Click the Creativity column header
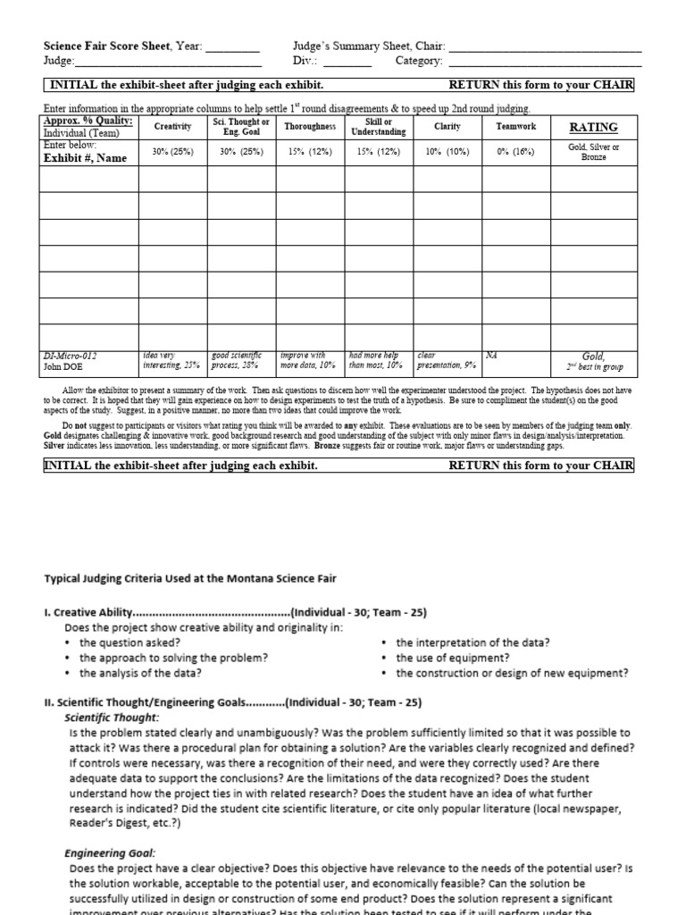pos(173,127)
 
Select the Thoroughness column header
pos(310,127)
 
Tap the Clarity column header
pos(447,127)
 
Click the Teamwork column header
pos(515,127)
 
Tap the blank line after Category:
pos(544,62)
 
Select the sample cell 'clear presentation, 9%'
pos(447,360)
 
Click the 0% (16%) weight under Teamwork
pos(515,152)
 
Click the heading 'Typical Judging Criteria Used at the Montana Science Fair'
pos(190,578)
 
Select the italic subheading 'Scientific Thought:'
pos(113,718)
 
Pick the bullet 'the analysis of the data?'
pos(139,674)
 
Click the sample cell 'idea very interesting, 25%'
pos(173,360)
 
